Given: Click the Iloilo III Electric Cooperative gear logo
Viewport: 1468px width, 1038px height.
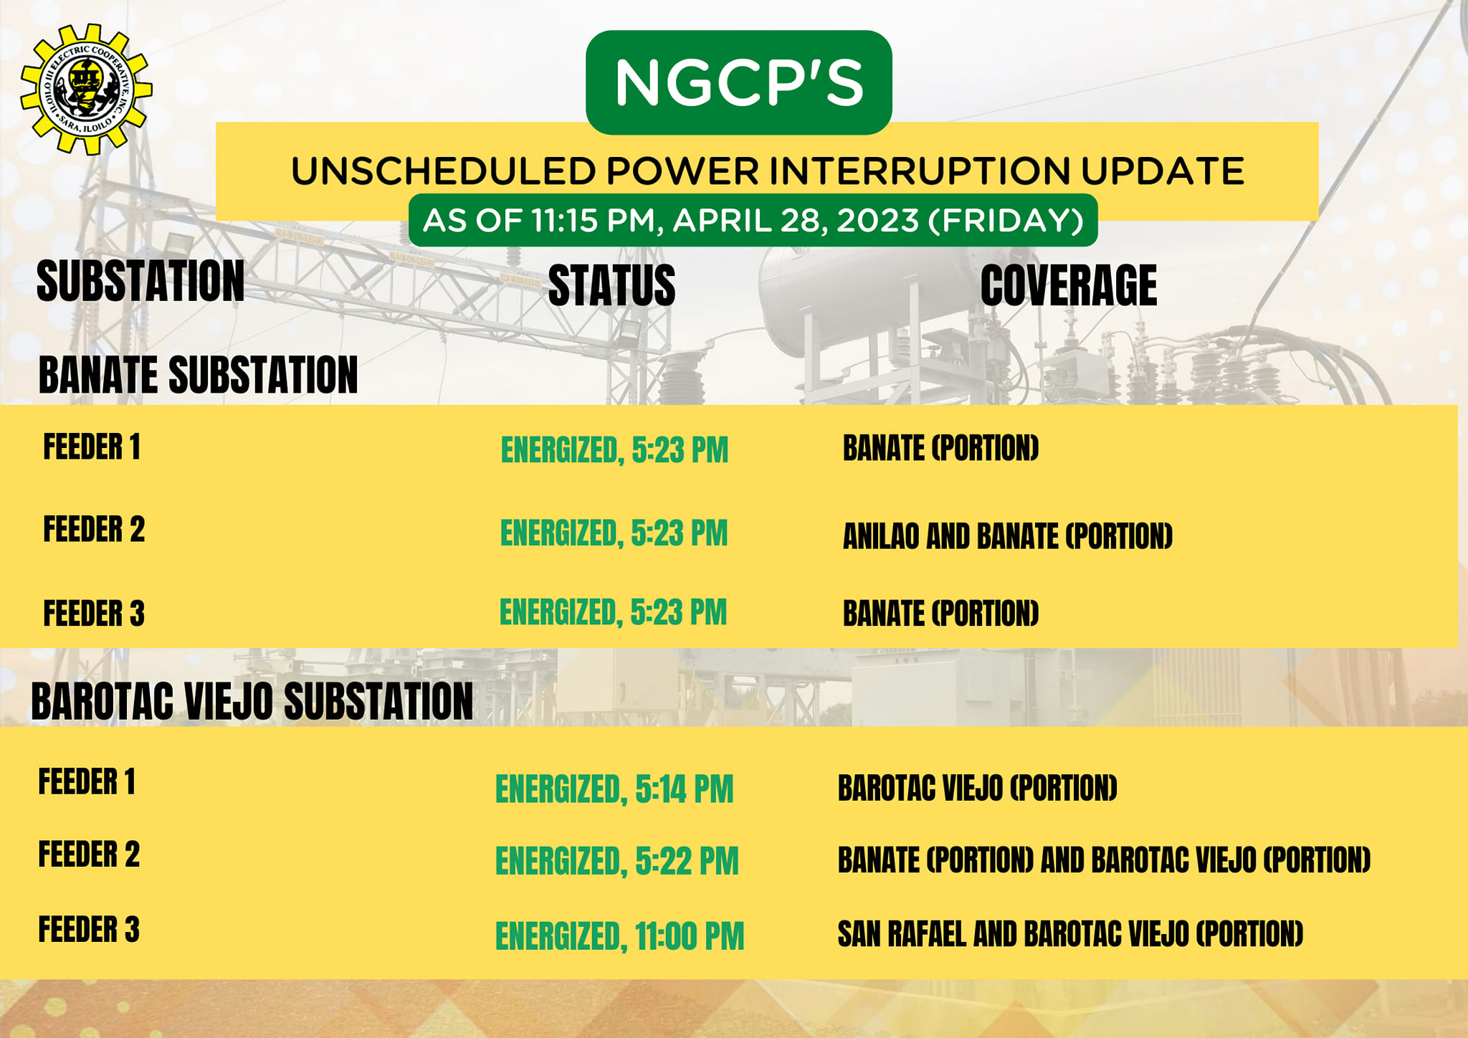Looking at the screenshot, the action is pyautogui.click(x=86, y=89).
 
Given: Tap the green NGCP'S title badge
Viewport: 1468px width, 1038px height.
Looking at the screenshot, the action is pyautogui.click(x=738, y=82).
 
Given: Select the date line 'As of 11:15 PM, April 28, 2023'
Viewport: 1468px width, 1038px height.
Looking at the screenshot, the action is pyautogui.click(x=753, y=220).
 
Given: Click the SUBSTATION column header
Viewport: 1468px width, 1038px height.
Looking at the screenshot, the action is pyautogui.click(x=140, y=281).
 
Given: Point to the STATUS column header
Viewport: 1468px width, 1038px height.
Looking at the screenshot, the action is pyautogui.click(x=611, y=285).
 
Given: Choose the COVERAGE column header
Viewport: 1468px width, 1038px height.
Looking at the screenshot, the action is pyautogui.click(x=1069, y=285).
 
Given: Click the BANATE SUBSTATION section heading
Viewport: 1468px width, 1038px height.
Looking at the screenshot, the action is pyautogui.click(x=198, y=375).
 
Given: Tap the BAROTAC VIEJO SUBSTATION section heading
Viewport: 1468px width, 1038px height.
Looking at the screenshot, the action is pyautogui.click(x=252, y=700).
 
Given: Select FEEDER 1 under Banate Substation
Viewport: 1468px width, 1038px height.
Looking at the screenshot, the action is pyautogui.click(x=92, y=447).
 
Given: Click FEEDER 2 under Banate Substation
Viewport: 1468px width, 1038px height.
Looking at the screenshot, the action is pyautogui.click(x=94, y=529).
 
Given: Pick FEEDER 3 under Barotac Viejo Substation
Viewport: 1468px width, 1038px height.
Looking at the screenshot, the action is pyautogui.click(x=89, y=929).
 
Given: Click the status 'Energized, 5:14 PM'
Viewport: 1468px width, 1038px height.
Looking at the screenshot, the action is pyautogui.click(x=614, y=789).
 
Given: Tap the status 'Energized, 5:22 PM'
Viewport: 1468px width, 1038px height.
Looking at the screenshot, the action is pyautogui.click(x=616, y=861).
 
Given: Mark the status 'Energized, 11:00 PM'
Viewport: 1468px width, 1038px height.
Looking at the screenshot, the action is pyautogui.click(x=620, y=936).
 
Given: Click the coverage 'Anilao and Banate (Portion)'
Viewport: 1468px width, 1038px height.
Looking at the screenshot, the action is pyautogui.click(x=1008, y=536).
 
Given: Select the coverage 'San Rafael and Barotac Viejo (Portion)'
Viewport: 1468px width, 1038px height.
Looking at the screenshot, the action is pyautogui.click(x=1070, y=933).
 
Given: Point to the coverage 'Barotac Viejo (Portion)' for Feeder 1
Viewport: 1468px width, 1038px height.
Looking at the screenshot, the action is pyautogui.click(x=978, y=788).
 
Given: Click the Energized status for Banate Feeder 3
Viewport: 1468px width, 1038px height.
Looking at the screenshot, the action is pyautogui.click(x=613, y=612).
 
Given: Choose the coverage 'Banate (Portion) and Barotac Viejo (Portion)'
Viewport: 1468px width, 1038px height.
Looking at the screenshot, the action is pyautogui.click(x=1104, y=860).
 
